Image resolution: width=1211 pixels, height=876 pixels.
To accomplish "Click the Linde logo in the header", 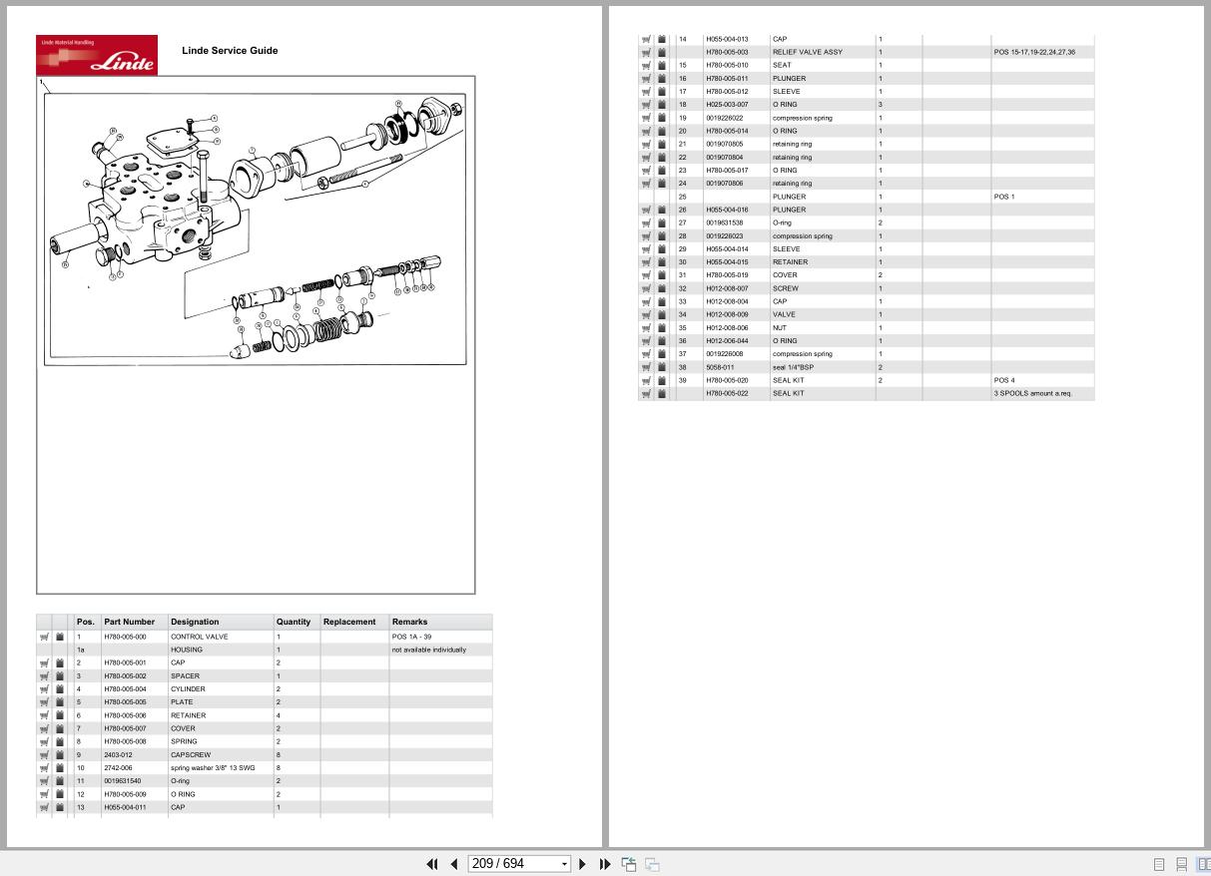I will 97,55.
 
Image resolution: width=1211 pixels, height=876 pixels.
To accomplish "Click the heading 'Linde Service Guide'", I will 230,51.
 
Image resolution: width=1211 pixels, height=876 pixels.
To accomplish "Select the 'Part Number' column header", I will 130,622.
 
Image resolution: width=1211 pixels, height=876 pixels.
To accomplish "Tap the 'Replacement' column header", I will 349,622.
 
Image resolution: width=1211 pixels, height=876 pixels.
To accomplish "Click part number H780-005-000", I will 125,637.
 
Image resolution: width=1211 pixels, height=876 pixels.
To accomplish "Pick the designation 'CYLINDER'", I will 188,689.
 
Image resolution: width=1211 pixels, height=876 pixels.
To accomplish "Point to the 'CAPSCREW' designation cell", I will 191,755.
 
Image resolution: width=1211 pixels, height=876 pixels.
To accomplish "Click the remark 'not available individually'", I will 428,650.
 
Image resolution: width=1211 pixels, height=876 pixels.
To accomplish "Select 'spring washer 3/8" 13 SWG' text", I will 213,768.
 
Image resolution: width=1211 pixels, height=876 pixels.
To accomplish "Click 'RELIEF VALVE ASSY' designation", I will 807,52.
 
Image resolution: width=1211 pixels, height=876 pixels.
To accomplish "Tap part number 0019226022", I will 725,118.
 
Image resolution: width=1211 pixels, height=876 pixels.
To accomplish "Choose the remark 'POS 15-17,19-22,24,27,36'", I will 1034,52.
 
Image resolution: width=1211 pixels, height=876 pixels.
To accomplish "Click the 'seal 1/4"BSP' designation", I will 793,367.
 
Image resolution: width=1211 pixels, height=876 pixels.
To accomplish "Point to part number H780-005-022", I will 727,393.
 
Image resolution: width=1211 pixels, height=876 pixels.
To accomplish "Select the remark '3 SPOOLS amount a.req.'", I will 1032,393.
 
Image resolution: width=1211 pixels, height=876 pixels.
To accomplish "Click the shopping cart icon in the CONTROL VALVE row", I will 44,637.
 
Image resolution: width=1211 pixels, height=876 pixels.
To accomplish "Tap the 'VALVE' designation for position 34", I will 784,314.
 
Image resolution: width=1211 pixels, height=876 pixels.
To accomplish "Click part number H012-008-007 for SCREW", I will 727,288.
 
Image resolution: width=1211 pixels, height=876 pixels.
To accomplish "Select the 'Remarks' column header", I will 409,622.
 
